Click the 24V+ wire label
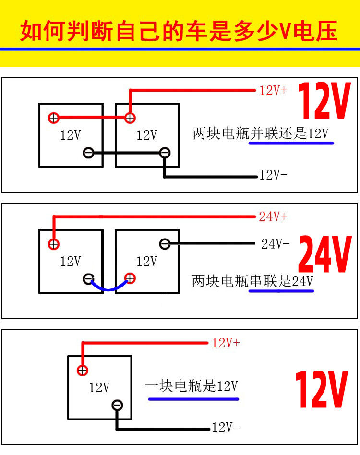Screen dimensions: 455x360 (x=273, y=216)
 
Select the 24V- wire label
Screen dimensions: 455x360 (x=275, y=244)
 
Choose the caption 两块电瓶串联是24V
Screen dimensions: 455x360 (x=252, y=281)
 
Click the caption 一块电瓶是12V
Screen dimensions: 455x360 (x=192, y=385)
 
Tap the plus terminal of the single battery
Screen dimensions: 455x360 (x=83, y=370)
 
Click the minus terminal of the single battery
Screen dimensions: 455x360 (x=117, y=405)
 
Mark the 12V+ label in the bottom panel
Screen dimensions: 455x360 (x=226, y=343)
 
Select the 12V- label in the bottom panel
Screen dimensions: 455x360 (x=226, y=427)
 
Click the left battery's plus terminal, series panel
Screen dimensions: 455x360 (x=54, y=244)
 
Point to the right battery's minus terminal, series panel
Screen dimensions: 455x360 (x=165, y=244)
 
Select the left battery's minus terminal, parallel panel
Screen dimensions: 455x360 (x=88, y=153)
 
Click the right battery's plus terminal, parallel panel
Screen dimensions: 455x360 (x=129, y=118)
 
